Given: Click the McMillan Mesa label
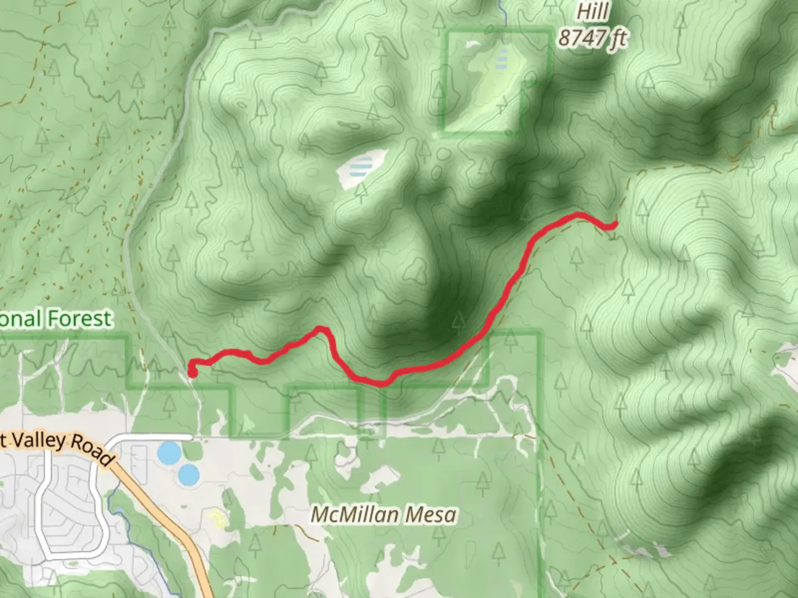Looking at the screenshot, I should (383, 515).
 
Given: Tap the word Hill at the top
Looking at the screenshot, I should (593, 12).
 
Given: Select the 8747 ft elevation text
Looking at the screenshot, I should (592, 38).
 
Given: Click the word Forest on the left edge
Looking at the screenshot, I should (80, 319).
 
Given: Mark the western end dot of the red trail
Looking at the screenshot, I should (192, 373).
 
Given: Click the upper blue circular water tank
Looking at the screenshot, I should (168, 453).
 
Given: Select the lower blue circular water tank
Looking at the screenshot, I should (188, 474).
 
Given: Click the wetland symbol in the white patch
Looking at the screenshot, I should (361, 166).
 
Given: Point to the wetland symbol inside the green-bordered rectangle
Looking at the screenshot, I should (502, 58).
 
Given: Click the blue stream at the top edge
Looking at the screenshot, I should (503, 11).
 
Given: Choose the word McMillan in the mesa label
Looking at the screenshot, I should (354, 515).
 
